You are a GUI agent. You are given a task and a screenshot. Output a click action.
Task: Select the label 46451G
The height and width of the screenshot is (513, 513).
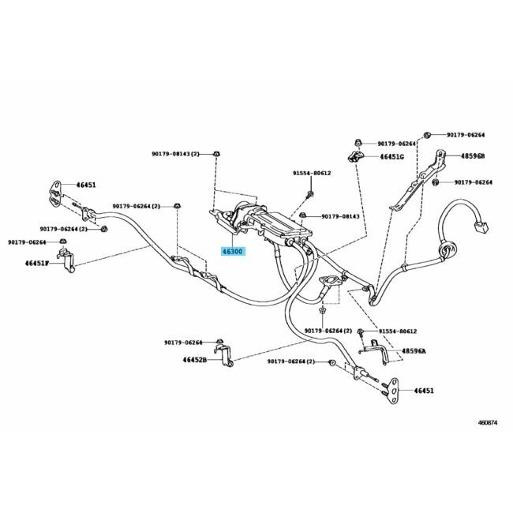[x=391, y=156]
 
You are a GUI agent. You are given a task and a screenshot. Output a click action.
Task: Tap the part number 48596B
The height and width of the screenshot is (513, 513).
[x=474, y=156]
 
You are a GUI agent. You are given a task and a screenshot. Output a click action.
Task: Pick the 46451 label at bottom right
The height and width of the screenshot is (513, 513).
[x=423, y=390]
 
